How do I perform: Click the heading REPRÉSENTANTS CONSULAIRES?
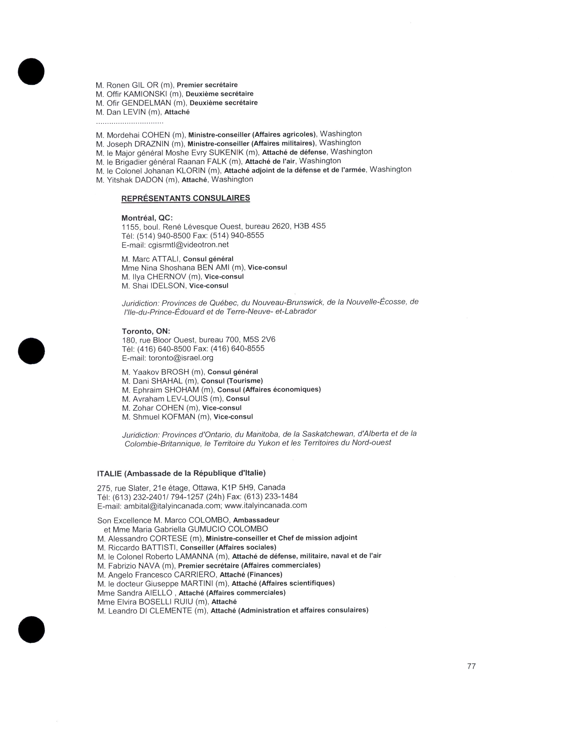point(185,198)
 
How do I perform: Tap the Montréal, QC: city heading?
point(147,218)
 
